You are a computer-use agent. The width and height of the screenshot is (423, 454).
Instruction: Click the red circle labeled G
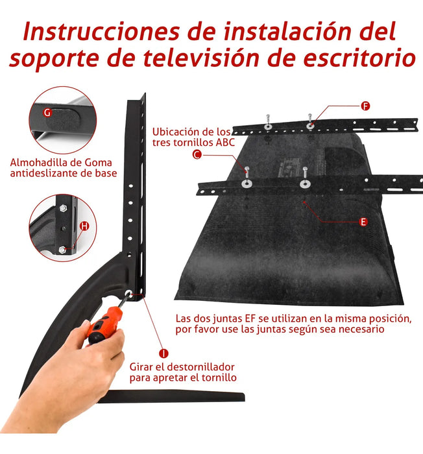[x=47, y=112]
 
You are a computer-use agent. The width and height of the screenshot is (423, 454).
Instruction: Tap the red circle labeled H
[x=84, y=226]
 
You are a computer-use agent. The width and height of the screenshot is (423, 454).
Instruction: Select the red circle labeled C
[x=197, y=154]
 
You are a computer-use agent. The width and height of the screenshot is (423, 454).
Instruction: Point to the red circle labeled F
[x=365, y=105]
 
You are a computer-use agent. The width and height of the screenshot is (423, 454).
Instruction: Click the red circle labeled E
[x=363, y=222]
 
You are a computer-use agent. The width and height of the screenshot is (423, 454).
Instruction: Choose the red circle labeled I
[x=164, y=353]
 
